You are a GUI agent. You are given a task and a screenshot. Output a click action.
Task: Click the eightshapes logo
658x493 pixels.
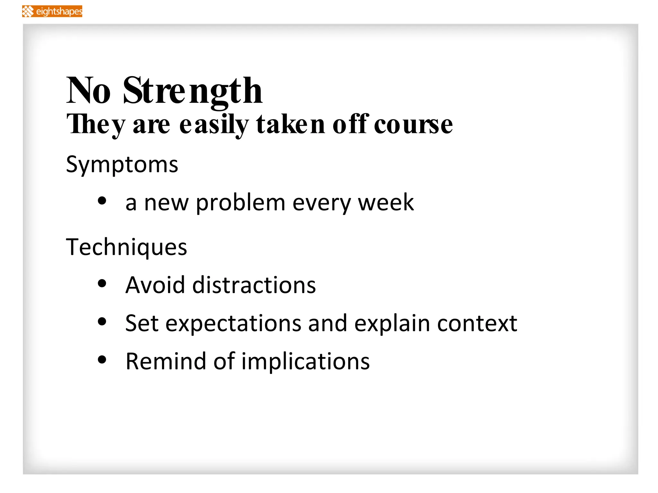click(52, 11)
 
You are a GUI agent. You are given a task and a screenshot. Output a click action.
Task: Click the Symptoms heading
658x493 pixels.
click(122, 165)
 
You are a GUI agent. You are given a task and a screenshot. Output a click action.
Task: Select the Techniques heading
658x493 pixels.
click(126, 247)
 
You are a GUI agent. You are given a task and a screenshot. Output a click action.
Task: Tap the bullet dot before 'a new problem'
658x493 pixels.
click(102, 201)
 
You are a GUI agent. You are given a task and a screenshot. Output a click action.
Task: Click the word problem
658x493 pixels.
click(240, 203)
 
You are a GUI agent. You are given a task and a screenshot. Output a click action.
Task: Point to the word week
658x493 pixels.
click(386, 203)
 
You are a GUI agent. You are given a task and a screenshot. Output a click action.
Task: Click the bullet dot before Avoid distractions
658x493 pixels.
click(102, 283)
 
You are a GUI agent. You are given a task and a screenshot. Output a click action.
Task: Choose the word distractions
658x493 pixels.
click(254, 285)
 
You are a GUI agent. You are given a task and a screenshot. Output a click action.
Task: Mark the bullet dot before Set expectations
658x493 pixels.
click(102, 321)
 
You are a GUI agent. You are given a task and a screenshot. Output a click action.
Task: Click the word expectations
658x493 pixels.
click(233, 324)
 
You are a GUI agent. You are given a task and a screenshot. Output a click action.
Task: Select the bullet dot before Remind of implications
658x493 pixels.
click(102, 359)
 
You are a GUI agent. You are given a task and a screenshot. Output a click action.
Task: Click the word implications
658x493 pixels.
click(305, 361)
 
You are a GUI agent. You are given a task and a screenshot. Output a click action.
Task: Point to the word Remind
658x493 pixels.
click(165, 361)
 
